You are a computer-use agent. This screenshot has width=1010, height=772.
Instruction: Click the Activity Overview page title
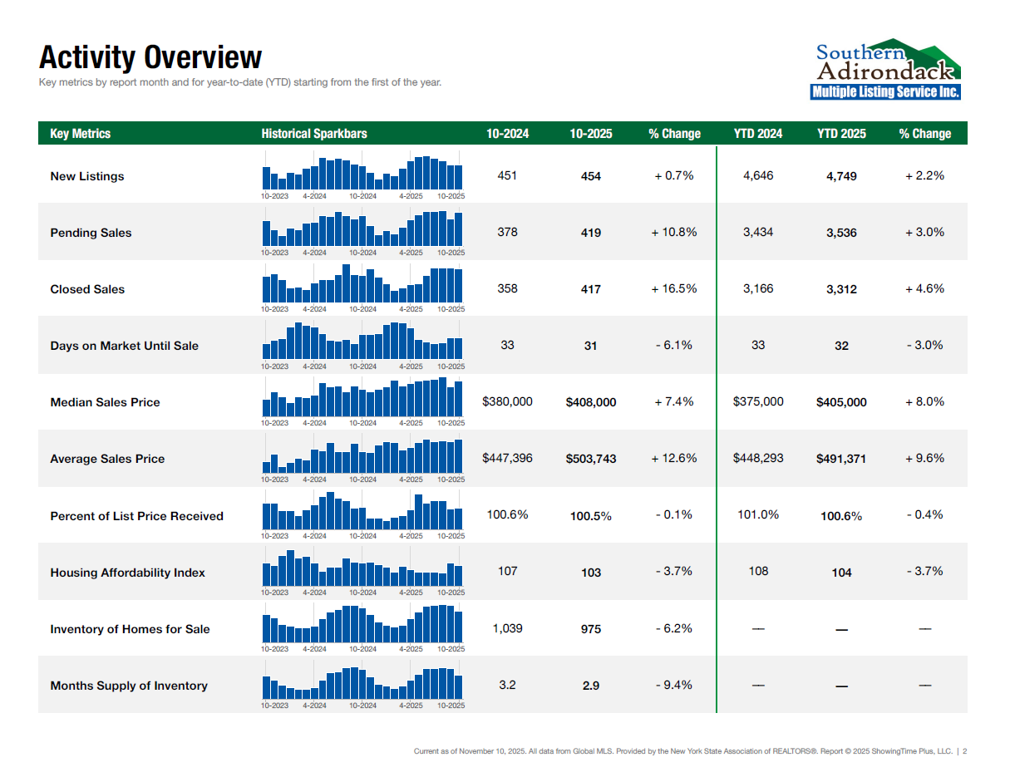(150, 57)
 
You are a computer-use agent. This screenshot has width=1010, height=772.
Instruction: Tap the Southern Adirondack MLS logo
(885, 69)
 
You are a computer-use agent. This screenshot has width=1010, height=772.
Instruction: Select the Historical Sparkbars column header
(314, 134)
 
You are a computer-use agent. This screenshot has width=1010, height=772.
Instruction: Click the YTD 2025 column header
(841, 134)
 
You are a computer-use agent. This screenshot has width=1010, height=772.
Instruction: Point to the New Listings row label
(87, 176)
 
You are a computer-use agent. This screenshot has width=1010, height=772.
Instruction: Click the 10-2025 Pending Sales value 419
(590, 233)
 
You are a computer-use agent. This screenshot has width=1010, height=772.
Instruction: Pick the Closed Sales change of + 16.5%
(674, 289)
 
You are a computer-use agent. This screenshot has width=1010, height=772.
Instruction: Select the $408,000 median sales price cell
(591, 402)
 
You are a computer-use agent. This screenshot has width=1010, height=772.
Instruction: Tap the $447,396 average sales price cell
(507, 458)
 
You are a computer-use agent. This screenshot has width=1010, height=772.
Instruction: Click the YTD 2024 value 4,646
(758, 175)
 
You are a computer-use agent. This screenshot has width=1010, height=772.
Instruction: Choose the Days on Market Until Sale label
(125, 346)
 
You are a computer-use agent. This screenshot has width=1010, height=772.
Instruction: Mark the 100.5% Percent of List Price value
(591, 516)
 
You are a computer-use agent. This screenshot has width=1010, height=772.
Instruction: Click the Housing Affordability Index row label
(128, 573)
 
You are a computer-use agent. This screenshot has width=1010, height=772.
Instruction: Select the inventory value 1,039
(507, 628)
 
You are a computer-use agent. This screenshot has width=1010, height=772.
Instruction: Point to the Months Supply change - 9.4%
(674, 685)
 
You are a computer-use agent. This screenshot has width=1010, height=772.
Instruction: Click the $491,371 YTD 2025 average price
(841, 459)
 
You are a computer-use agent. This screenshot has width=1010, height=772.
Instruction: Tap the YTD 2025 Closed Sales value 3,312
(841, 289)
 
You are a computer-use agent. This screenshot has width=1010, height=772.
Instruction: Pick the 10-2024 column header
(507, 134)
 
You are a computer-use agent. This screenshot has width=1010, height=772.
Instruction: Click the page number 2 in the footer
(965, 751)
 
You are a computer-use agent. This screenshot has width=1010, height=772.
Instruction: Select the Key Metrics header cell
(81, 134)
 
